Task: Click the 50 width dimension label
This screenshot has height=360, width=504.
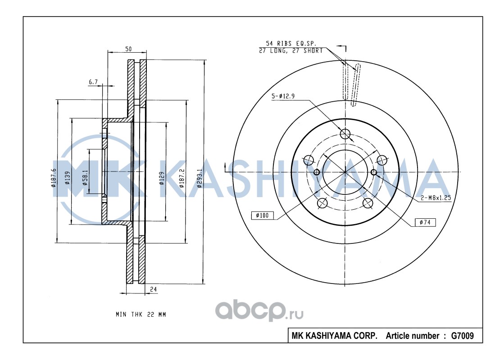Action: tap(128, 49)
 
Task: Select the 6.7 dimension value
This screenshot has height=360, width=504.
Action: tap(93, 82)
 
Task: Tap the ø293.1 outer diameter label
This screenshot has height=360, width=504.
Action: tap(200, 178)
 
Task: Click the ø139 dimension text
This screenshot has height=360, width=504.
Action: tap(67, 178)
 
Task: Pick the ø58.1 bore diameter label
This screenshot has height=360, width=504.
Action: tap(85, 178)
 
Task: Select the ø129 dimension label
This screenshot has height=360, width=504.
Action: tap(162, 178)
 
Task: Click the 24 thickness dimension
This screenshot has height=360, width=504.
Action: tap(153, 289)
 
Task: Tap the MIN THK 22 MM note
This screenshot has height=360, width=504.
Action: tap(141, 315)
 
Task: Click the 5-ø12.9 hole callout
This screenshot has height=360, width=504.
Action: tap(283, 96)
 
